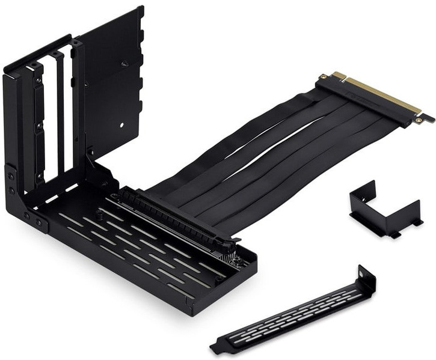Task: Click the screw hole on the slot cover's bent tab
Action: tap(363, 277)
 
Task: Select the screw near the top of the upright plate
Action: tap(124, 63)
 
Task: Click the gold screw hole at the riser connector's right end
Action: tap(425, 118)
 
